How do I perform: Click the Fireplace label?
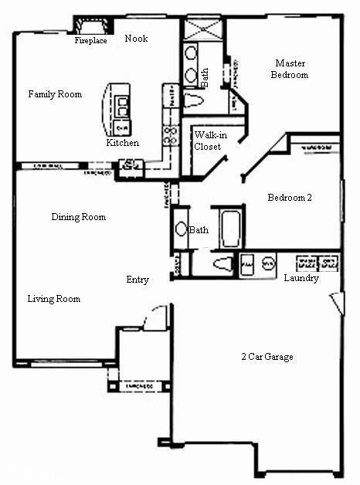tap(90, 41)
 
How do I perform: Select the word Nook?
tap(136, 39)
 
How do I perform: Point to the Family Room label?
tap(55, 94)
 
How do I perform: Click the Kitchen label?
tap(123, 143)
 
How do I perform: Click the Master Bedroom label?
tap(290, 69)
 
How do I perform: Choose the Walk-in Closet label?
tap(207, 141)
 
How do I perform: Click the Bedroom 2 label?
tap(290, 198)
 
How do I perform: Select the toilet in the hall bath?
tap(222, 263)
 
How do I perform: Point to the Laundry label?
tap(301, 278)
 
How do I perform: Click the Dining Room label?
tap(79, 217)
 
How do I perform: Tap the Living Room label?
tap(54, 299)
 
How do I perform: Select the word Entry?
tap(138, 280)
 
